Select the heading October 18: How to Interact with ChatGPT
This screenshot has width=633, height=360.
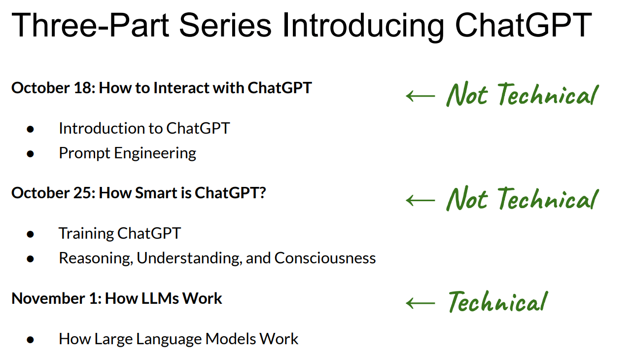pos(161,88)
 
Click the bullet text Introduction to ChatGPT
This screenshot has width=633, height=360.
pos(144,128)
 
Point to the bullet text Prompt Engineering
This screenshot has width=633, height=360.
pos(128,153)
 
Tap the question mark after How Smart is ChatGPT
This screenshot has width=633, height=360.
pos(263,193)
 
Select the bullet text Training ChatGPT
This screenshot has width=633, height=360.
pos(120,233)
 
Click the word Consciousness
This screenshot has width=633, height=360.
pos(325,258)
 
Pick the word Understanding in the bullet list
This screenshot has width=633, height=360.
pos(189,258)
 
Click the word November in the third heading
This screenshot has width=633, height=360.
pos(48,298)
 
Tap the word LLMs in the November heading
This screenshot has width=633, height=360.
pos(160,298)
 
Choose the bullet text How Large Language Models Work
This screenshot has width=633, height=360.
pos(178,339)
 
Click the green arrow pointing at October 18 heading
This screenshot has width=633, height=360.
pos(421,96)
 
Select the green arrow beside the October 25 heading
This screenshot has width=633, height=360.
pos(421,200)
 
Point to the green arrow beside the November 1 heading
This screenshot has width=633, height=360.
pos(421,303)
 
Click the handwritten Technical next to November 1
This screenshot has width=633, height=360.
pos(498,301)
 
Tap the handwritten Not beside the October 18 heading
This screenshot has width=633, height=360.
pos(467,94)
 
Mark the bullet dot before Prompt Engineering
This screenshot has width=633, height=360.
pos(30,154)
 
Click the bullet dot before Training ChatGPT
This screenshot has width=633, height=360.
pos(30,234)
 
